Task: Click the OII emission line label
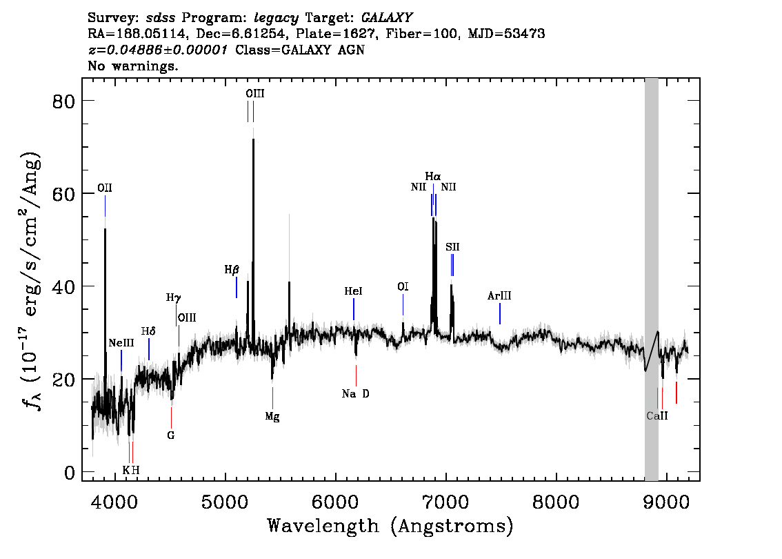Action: pyautogui.click(x=105, y=188)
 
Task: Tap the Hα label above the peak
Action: pyautogui.click(x=433, y=176)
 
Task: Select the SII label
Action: pyautogui.click(x=452, y=247)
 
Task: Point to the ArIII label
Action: pyautogui.click(x=499, y=296)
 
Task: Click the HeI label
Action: pyautogui.click(x=353, y=291)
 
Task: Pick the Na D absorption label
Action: pyautogui.click(x=356, y=394)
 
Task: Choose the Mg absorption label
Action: pyautogui.click(x=272, y=417)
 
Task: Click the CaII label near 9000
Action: pyautogui.click(x=656, y=415)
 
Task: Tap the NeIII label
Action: pyautogui.click(x=121, y=343)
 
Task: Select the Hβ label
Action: pyautogui.click(x=232, y=270)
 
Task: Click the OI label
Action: pyautogui.click(x=403, y=286)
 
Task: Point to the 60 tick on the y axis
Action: pyautogui.click(x=64, y=193)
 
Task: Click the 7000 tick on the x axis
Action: pyautogui.click(x=444, y=502)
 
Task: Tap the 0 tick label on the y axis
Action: pyautogui.click(x=70, y=472)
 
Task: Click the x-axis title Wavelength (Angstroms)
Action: pyautogui.click(x=390, y=526)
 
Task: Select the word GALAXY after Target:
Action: pyautogui.click(x=386, y=18)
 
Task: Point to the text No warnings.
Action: pyautogui.click(x=132, y=66)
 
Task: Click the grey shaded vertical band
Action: pyautogui.click(x=652, y=279)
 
